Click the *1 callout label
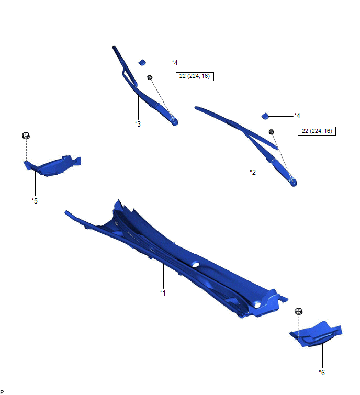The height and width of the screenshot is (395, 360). click(163, 293)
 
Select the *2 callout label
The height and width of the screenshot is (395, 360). click(253, 172)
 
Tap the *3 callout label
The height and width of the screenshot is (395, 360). click(138, 124)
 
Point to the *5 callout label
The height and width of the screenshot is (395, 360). click(35, 201)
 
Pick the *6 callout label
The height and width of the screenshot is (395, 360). click(322, 373)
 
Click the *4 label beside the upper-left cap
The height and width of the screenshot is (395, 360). click(175, 63)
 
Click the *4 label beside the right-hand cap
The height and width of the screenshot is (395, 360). click(297, 116)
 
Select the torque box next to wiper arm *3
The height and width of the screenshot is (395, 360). click(195, 76)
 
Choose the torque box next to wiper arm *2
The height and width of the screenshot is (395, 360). click(317, 131)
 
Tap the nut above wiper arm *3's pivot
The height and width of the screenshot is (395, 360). click(150, 77)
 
